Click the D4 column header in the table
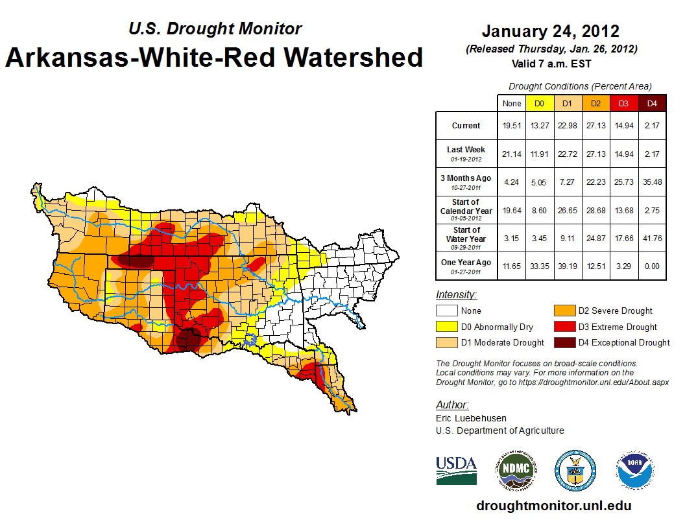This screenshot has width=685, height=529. (652, 103)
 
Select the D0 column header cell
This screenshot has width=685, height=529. (538, 103)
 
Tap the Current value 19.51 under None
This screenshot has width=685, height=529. (511, 126)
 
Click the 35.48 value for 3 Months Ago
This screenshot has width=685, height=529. (652, 182)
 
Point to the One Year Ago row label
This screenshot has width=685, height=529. (466, 263)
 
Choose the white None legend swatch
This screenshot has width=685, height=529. (447, 311)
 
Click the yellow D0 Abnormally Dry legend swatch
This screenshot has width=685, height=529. (447, 327)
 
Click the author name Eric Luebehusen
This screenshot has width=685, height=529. (471, 418)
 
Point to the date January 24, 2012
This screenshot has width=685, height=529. (550, 31)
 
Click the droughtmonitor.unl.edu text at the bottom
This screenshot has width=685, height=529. (553, 506)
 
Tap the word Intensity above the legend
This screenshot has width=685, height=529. (456, 295)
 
